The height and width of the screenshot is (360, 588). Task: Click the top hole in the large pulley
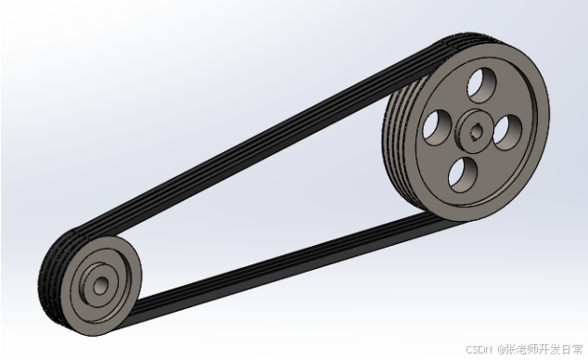[482, 84]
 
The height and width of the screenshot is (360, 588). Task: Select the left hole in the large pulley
[437, 128]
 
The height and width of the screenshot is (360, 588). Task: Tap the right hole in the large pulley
[507, 133]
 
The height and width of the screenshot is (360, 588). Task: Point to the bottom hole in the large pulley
[463, 175]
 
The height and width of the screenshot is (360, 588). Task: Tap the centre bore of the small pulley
[100, 286]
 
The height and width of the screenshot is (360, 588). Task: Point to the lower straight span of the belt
[285, 269]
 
